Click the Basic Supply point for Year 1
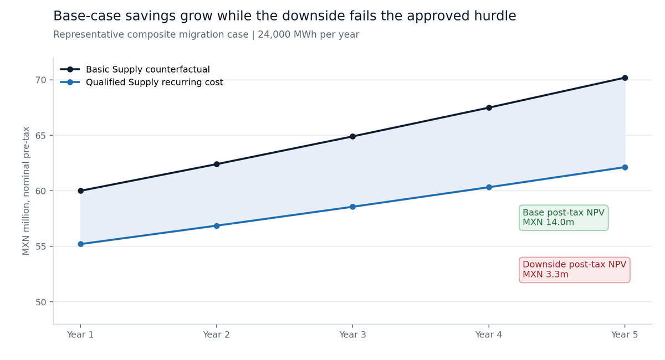(80, 191)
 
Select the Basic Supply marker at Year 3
(352, 136)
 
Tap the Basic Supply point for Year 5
(625, 78)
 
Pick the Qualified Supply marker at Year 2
(217, 226)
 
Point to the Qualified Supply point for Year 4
(489, 187)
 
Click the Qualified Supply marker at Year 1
(80, 244)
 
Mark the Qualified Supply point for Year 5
(625, 167)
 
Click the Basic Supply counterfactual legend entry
(135, 69)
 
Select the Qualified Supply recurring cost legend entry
(142, 82)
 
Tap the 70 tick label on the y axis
(40, 80)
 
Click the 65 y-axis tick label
(40, 136)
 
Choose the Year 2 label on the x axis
(217, 335)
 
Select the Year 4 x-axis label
(489, 335)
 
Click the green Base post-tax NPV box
(564, 218)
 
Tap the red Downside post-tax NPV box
(575, 270)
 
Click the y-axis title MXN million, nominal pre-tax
(26, 191)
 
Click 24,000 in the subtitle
(274, 35)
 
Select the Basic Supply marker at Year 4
(489, 108)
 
